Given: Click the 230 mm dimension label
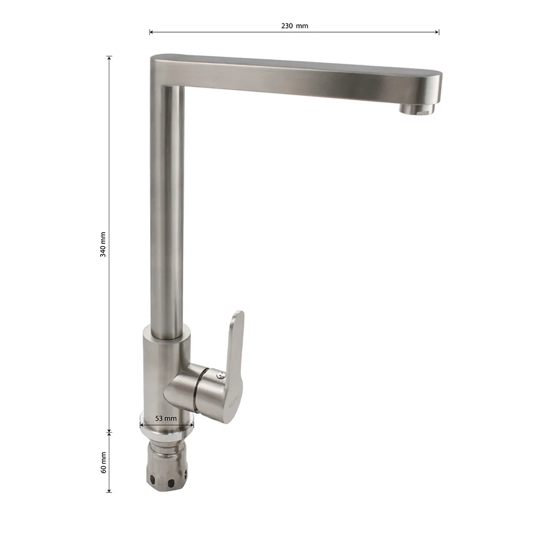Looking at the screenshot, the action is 294,26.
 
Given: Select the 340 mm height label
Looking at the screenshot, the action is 103,244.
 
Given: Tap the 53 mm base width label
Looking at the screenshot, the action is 166,419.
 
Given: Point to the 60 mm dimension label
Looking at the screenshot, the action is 103,463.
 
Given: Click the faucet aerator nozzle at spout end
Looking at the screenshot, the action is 417,108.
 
